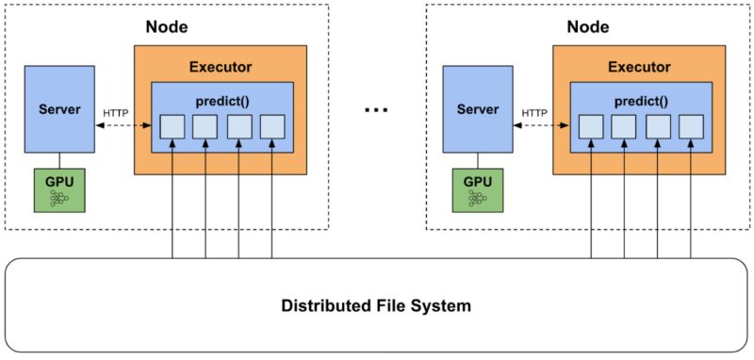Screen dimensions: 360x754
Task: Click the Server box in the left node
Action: click(57, 109)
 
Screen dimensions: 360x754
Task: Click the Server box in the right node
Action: click(477, 109)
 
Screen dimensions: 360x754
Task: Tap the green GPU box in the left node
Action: click(57, 189)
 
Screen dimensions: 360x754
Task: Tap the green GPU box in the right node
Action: click(477, 189)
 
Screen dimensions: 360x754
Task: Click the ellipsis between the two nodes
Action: click(376, 110)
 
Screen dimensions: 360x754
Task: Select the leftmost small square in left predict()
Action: click(172, 126)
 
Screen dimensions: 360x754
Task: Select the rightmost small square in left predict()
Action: click(271, 126)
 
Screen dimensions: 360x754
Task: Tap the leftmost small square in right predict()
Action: click(591, 126)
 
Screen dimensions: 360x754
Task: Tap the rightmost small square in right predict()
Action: click(691, 126)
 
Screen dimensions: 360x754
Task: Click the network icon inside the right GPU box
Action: click(477, 198)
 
